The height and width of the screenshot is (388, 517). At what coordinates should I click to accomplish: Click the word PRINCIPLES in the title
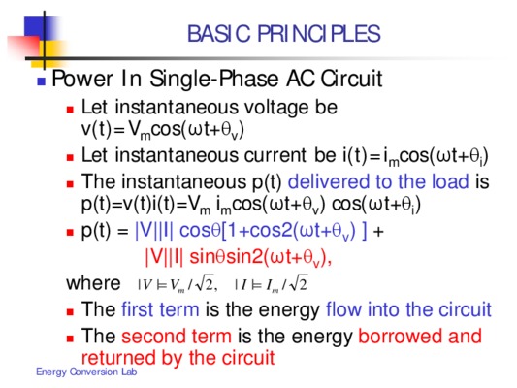[319, 34]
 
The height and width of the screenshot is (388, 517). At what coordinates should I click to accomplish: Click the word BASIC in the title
[219, 34]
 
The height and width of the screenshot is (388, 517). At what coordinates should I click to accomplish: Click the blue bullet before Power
[41, 81]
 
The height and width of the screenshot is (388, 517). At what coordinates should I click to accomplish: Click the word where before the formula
[93, 283]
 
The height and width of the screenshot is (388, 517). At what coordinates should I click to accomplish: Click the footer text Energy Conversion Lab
[86, 372]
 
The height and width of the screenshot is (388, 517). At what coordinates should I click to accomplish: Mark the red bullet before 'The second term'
[70, 339]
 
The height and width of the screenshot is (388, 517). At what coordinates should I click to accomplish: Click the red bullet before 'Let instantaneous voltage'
[70, 110]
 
